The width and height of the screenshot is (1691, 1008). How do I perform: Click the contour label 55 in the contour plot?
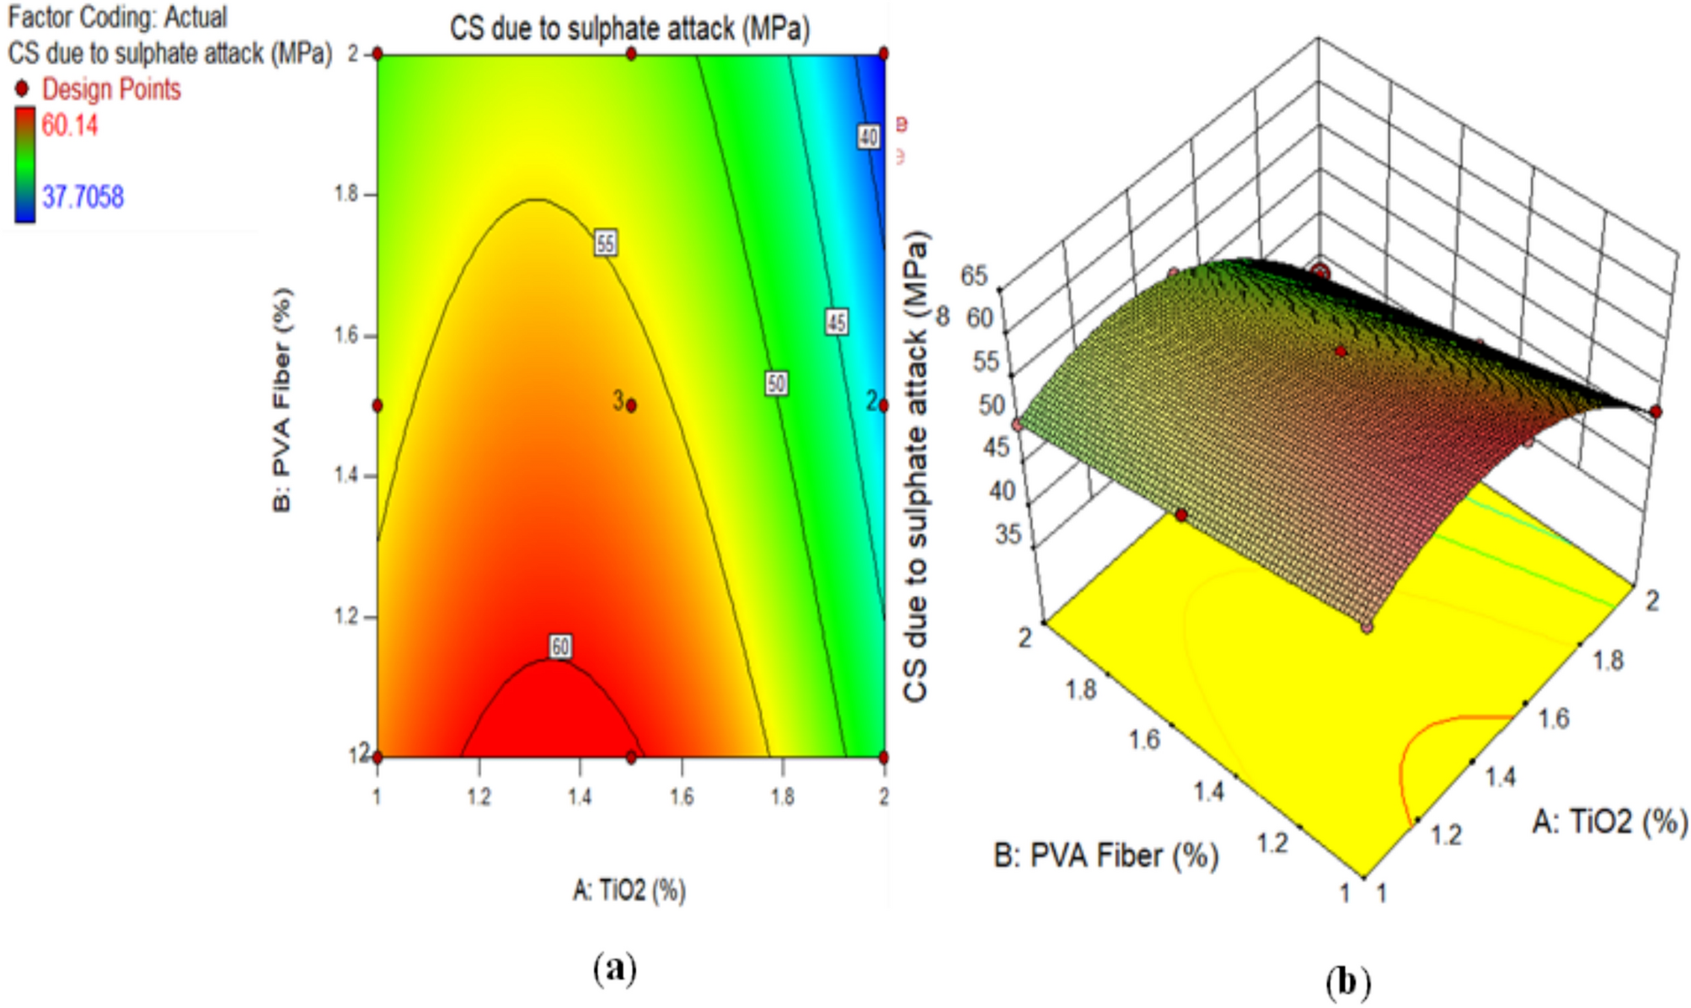click(x=605, y=244)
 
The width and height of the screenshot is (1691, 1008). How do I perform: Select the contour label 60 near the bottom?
click(x=561, y=646)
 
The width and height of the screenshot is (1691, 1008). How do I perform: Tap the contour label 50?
click(x=776, y=384)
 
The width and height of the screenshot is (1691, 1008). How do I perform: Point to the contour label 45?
click(x=836, y=322)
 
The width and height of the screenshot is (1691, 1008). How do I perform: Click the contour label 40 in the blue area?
click(x=869, y=137)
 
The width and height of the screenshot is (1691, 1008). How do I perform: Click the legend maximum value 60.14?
click(x=70, y=126)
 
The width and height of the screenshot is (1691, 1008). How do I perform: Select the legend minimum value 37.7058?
click(x=83, y=197)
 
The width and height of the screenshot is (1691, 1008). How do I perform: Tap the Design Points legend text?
click(x=111, y=89)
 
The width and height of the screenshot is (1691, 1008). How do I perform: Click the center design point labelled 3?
click(x=631, y=405)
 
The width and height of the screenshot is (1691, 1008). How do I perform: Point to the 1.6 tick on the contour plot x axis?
click(x=682, y=796)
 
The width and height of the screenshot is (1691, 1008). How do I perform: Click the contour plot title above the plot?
click(x=629, y=29)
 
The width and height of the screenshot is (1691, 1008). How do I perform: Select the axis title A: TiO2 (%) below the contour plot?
click(x=629, y=890)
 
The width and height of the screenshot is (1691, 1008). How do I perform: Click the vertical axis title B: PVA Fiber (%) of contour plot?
click(x=282, y=400)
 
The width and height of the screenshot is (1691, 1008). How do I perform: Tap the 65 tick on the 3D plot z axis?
click(x=974, y=276)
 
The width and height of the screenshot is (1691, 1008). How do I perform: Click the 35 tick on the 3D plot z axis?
click(x=1008, y=534)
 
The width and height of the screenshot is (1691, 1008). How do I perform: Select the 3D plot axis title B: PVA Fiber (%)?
click(x=1105, y=856)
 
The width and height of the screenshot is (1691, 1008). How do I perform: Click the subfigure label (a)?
click(x=615, y=968)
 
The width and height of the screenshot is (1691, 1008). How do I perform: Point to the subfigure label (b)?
click(x=1347, y=983)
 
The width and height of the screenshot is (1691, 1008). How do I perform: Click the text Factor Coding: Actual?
click(x=117, y=17)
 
